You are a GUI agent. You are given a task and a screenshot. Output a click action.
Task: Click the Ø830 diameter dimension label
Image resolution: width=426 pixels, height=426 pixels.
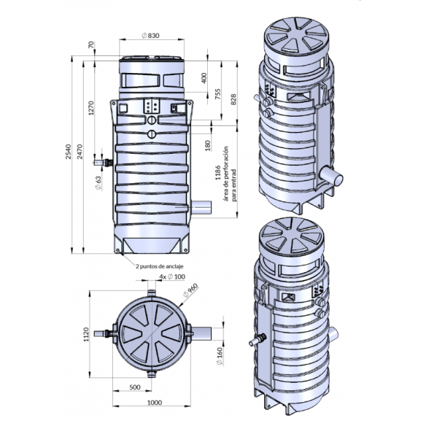[x=151, y=36]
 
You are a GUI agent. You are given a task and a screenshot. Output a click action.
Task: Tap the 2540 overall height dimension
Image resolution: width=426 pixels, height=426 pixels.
[x=68, y=152]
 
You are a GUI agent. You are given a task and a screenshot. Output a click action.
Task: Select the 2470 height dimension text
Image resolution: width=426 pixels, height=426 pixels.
[x=80, y=152]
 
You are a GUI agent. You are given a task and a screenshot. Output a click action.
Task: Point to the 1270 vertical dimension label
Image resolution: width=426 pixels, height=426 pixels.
[x=91, y=108]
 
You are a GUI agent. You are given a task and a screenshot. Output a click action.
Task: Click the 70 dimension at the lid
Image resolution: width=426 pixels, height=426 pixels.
[x=91, y=44]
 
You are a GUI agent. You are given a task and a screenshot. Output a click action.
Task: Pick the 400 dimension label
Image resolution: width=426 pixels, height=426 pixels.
[x=204, y=78]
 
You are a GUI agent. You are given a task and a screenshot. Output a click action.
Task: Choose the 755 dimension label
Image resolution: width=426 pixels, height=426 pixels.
[x=217, y=94]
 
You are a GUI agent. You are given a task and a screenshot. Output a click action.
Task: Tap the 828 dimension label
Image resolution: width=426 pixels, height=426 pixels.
[x=233, y=99]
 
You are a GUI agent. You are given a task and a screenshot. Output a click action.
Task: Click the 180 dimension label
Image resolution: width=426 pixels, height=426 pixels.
[x=208, y=146]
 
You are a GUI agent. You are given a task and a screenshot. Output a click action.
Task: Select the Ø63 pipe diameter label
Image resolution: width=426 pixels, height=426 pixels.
[x=98, y=182]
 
